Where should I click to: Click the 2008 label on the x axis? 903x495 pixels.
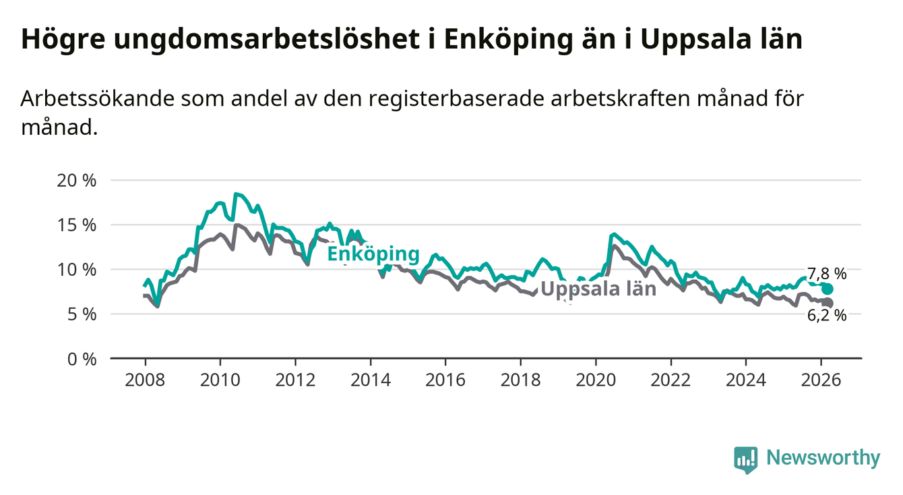(146, 380)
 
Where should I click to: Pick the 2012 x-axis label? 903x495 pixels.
(296, 380)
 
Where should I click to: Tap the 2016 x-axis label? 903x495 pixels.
(446, 380)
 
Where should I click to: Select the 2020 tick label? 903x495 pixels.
(596, 380)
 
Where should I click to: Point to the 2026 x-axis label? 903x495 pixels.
(821, 380)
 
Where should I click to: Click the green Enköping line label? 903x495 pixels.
(373, 254)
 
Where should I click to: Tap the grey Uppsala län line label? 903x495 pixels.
(598, 289)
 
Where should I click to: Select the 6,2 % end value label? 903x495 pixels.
(826, 315)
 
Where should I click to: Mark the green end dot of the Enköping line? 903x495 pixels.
(828, 289)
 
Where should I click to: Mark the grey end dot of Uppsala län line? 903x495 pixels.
(828, 303)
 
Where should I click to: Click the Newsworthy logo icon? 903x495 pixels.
(745, 459)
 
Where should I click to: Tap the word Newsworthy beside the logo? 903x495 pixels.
(823, 459)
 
